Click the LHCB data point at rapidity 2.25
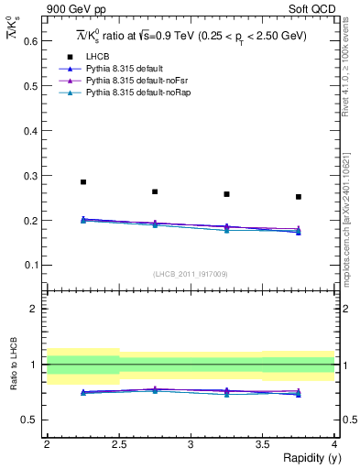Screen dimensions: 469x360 tap(83, 182)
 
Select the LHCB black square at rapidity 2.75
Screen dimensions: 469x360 tap(155, 191)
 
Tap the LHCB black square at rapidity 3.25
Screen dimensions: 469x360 tap(226, 194)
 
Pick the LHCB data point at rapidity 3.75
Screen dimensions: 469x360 tap(299, 197)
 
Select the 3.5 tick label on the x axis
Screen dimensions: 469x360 tap(262, 444)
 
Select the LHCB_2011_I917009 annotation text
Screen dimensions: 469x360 tap(190, 274)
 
